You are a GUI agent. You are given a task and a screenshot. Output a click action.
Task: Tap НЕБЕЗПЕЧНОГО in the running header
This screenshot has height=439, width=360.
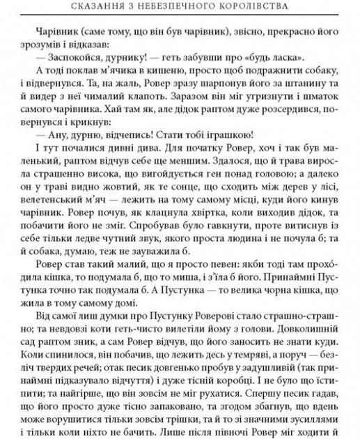(x=169, y=8)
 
